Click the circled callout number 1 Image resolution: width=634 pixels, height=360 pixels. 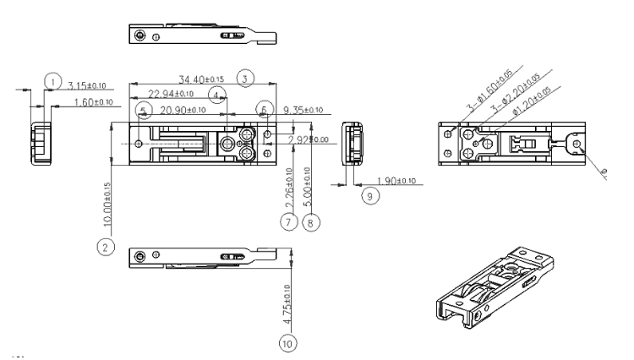tap(53, 81)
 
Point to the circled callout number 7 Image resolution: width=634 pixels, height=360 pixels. tap(287, 222)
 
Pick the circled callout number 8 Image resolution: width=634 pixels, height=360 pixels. tap(311, 222)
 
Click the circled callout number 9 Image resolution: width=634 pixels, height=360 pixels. tap(369, 195)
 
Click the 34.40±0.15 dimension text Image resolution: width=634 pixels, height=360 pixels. tap(199, 79)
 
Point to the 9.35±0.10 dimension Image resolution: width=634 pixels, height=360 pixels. tap(303, 110)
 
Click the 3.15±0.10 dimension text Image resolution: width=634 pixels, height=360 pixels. tap(87, 85)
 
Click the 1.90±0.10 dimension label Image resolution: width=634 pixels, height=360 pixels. tap(395, 181)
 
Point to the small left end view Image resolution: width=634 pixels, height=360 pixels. tap(40, 141)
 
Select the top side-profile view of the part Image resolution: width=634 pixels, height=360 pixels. tap(203, 35)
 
